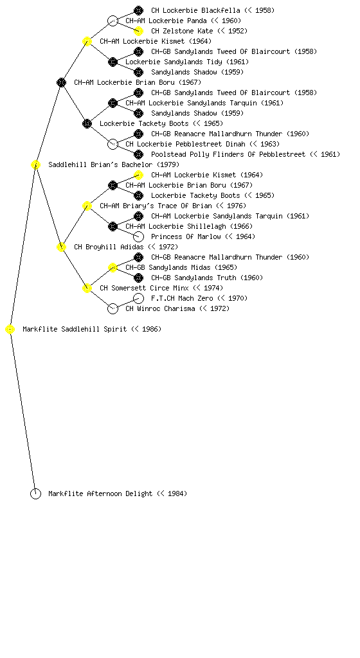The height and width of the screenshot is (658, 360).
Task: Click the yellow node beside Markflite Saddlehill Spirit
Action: point(10,330)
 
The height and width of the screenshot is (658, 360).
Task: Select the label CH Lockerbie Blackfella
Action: point(195,10)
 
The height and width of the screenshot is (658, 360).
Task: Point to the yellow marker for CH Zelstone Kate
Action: point(138,31)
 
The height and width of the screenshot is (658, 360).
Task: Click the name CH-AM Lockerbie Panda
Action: point(166,21)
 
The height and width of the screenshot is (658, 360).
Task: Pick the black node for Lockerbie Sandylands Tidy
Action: point(113,62)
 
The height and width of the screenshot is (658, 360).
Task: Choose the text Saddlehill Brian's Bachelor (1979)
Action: point(114,165)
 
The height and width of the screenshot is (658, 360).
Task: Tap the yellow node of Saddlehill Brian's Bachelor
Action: point(35,165)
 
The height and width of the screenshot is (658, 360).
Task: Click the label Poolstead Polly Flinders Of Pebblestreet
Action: point(228,154)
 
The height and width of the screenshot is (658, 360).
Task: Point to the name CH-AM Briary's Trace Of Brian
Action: point(156,206)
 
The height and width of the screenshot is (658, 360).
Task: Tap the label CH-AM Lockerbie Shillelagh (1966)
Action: point(189,227)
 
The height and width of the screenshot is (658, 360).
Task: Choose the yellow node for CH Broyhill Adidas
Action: point(61,247)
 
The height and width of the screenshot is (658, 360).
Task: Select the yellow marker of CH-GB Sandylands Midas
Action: point(113,268)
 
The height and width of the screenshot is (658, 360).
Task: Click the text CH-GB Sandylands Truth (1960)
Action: point(207,278)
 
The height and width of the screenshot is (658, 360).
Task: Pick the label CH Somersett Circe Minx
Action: point(144,289)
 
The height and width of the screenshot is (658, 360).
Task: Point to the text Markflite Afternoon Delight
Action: point(100,494)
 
